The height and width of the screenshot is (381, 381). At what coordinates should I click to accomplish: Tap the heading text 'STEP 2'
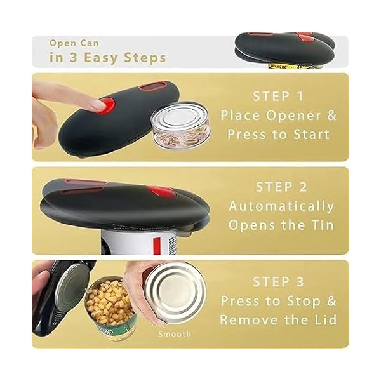click(x=281, y=187)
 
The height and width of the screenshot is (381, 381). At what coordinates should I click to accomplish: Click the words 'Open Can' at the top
click(x=74, y=43)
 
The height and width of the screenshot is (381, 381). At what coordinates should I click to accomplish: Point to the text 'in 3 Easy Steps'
click(x=108, y=58)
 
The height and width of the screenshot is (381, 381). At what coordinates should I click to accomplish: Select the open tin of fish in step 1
click(x=180, y=127)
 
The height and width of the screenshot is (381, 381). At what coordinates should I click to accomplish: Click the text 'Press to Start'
click(x=278, y=135)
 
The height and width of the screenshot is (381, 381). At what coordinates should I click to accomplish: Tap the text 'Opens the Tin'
click(x=281, y=225)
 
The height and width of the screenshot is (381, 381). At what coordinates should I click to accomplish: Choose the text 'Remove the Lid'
click(x=278, y=320)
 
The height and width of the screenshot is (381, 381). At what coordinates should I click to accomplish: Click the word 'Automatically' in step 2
click(x=281, y=206)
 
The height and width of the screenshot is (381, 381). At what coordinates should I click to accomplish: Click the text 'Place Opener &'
click(x=278, y=116)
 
